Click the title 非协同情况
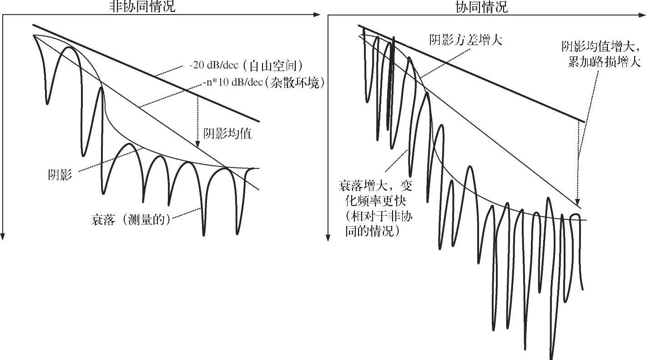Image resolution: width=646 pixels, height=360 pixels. coord(141,6)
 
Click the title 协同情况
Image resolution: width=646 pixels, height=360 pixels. coord(482,6)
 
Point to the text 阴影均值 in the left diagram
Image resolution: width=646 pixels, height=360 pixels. coord(227,134)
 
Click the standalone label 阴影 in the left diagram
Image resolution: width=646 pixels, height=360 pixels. coord(60,174)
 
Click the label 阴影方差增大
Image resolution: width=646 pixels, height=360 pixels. coord(465,40)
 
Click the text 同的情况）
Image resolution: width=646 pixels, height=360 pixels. coord(370,231)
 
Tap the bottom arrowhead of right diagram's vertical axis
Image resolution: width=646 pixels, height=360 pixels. coord(328,237)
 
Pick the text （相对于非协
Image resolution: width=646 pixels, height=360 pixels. coord(375,216)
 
